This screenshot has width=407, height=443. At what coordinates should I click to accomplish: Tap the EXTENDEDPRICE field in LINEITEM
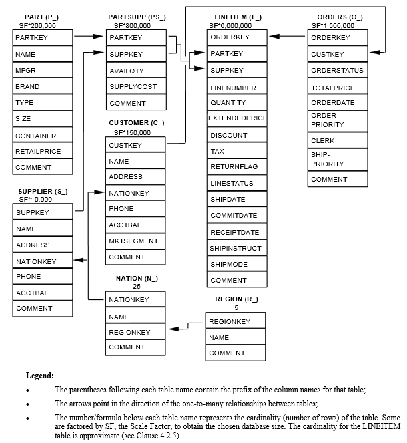[x=237, y=118]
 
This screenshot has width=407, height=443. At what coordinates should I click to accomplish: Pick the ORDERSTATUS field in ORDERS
[x=337, y=70]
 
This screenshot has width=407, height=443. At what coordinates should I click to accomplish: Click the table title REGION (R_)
[x=236, y=299]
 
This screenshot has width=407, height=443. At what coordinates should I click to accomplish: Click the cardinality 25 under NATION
[x=137, y=286]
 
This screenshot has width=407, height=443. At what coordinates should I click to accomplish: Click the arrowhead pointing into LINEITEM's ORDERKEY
[x=273, y=37]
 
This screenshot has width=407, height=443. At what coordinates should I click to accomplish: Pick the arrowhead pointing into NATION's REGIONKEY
[x=173, y=329]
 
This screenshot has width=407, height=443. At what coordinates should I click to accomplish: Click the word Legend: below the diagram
[x=40, y=376]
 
